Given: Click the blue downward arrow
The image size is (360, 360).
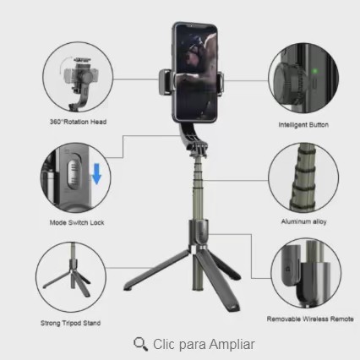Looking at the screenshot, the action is [96, 174].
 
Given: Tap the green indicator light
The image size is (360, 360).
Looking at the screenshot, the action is [315, 71].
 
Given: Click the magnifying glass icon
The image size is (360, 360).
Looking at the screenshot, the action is [140, 344].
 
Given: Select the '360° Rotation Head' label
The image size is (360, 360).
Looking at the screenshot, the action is [78, 122].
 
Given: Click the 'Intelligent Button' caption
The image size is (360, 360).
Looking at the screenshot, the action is [303, 125].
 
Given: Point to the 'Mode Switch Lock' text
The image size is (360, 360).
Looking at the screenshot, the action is [77, 222].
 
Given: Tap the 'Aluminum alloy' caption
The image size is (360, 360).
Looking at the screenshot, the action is [303, 221].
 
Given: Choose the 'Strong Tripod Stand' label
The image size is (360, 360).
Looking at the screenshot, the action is [70, 323].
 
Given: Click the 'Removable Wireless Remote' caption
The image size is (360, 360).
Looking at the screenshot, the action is [310, 319].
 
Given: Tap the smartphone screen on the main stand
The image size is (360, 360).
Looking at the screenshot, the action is [196, 72].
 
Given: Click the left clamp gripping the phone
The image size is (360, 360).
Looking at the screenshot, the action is [166, 82].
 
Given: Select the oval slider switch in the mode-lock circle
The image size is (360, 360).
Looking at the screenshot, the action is [74, 174].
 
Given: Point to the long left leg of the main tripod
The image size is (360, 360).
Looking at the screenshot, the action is [156, 270].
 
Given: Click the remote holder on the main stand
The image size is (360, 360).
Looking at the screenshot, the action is [199, 233].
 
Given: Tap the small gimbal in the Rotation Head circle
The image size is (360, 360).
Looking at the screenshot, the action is [80, 82].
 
